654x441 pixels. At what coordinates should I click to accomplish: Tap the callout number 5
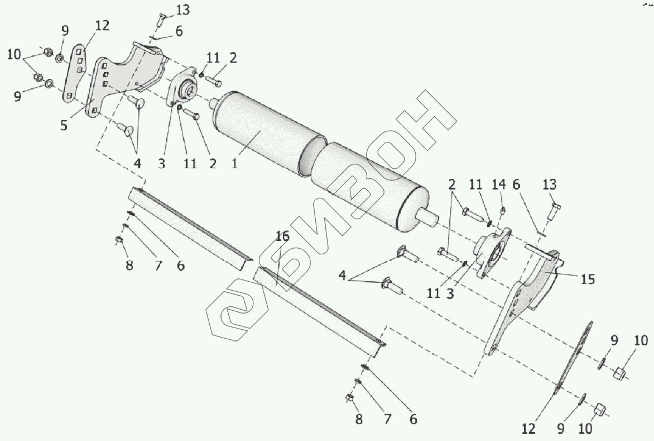click(64, 125)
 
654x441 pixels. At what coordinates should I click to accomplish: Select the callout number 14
click(499, 184)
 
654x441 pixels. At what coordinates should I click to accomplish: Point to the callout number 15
click(587, 278)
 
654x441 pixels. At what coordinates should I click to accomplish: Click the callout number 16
click(282, 236)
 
